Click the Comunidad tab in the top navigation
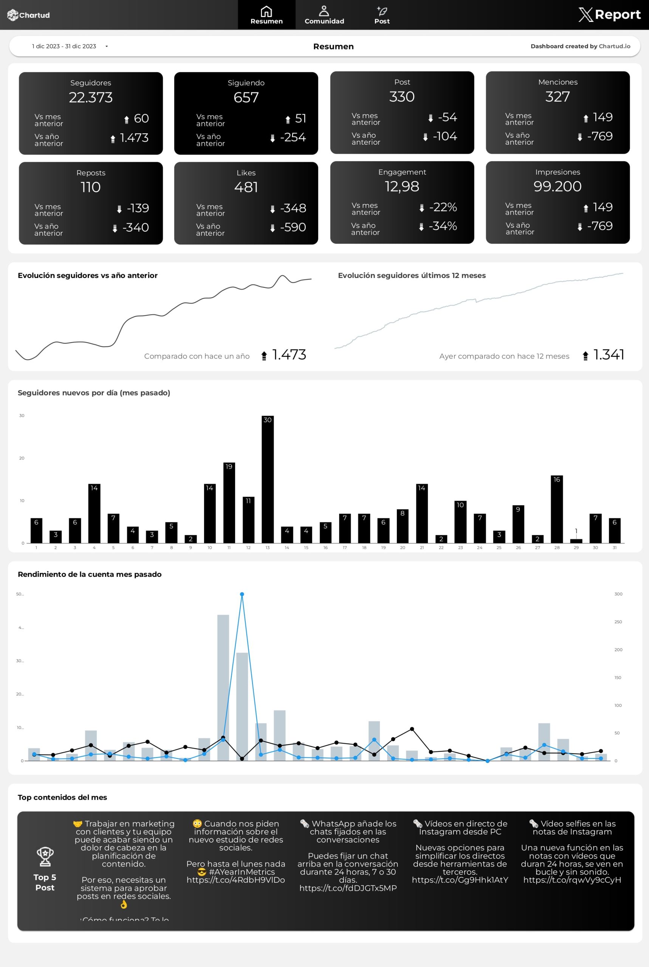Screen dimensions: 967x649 coord(324,15)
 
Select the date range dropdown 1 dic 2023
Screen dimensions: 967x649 coord(70,46)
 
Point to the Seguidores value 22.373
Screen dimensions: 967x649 coord(91,97)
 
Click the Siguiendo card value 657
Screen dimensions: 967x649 coord(246,97)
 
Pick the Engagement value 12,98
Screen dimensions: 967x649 coord(402,187)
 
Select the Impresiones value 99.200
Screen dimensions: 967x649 coord(557,187)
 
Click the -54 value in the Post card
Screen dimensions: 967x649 coord(448,117)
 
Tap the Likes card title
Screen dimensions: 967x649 coord(246,173)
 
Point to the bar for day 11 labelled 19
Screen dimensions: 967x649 coord(229,502)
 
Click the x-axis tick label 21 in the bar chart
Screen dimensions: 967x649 coord(422,548)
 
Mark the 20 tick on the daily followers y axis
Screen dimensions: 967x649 coord(22,458)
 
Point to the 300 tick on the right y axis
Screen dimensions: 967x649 coord(618,594)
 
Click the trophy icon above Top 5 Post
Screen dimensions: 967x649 coord(45,856)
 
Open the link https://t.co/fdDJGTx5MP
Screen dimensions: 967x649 coord(348,888)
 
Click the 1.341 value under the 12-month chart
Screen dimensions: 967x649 coord(609,355)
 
